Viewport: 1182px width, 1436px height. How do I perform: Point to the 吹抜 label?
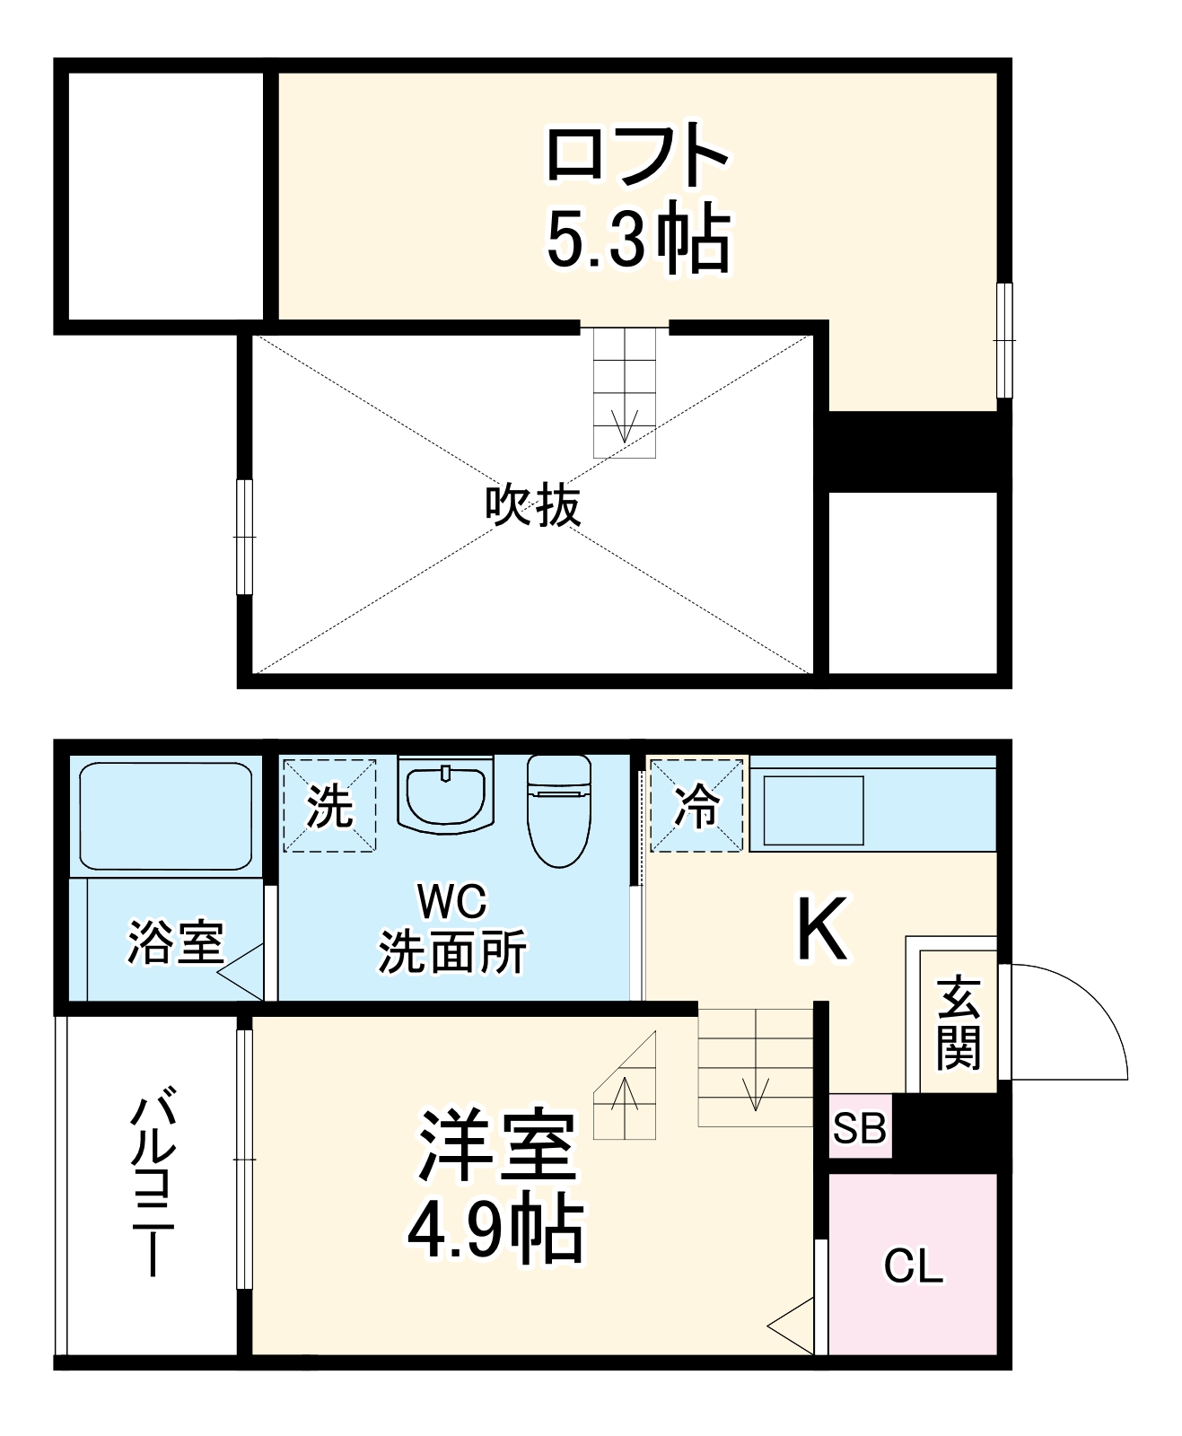[532, 505]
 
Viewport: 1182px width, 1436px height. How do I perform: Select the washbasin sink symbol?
[445, 794]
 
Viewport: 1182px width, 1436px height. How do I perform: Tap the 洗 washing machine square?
[329, 805]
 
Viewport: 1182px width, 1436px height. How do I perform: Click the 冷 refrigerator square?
[696, 805]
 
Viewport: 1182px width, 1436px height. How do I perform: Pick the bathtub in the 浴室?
[166, 816]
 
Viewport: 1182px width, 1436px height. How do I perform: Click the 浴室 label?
[175, 941]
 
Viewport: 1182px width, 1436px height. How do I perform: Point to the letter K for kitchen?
[821, 930]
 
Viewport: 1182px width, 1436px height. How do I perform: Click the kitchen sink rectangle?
[812, 810]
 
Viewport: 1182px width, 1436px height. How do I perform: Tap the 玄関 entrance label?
[958, 1023]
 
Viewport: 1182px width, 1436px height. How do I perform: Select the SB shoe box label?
[859, 1127]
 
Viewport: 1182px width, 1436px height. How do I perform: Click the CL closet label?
[913, 1266]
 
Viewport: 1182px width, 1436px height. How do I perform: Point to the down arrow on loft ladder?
[624, 425]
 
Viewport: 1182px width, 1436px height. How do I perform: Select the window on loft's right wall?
[1004, 340]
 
